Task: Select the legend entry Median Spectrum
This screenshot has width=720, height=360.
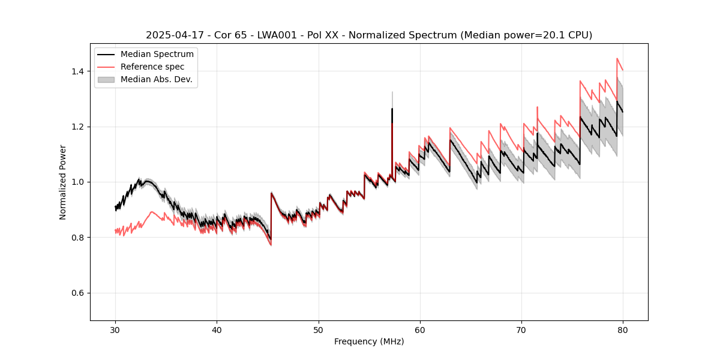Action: click(157, 55)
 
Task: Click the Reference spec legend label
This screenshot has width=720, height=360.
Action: click(152, 67)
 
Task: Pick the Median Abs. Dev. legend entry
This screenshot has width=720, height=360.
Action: click(156, 79)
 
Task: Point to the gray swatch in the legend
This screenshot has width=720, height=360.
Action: click(106, 79)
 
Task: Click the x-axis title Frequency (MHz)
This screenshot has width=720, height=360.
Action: click(369, 341)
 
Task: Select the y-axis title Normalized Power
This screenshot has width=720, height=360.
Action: click(63, 182)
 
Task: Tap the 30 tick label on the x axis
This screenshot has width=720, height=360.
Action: click(115, 330)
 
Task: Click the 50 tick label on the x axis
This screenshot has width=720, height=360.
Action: click(319, 330)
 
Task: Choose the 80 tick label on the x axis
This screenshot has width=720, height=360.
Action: click(623, 330)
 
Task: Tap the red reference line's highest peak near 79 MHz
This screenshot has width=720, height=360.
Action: click(617, 59)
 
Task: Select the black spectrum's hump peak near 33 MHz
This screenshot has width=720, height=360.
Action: click(147, 181)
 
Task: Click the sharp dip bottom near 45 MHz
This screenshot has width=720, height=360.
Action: click(271, 239)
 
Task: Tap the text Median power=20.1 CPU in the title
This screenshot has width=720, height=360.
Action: click(526, 35)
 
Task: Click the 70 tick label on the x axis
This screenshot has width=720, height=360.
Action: click(521, 330)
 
